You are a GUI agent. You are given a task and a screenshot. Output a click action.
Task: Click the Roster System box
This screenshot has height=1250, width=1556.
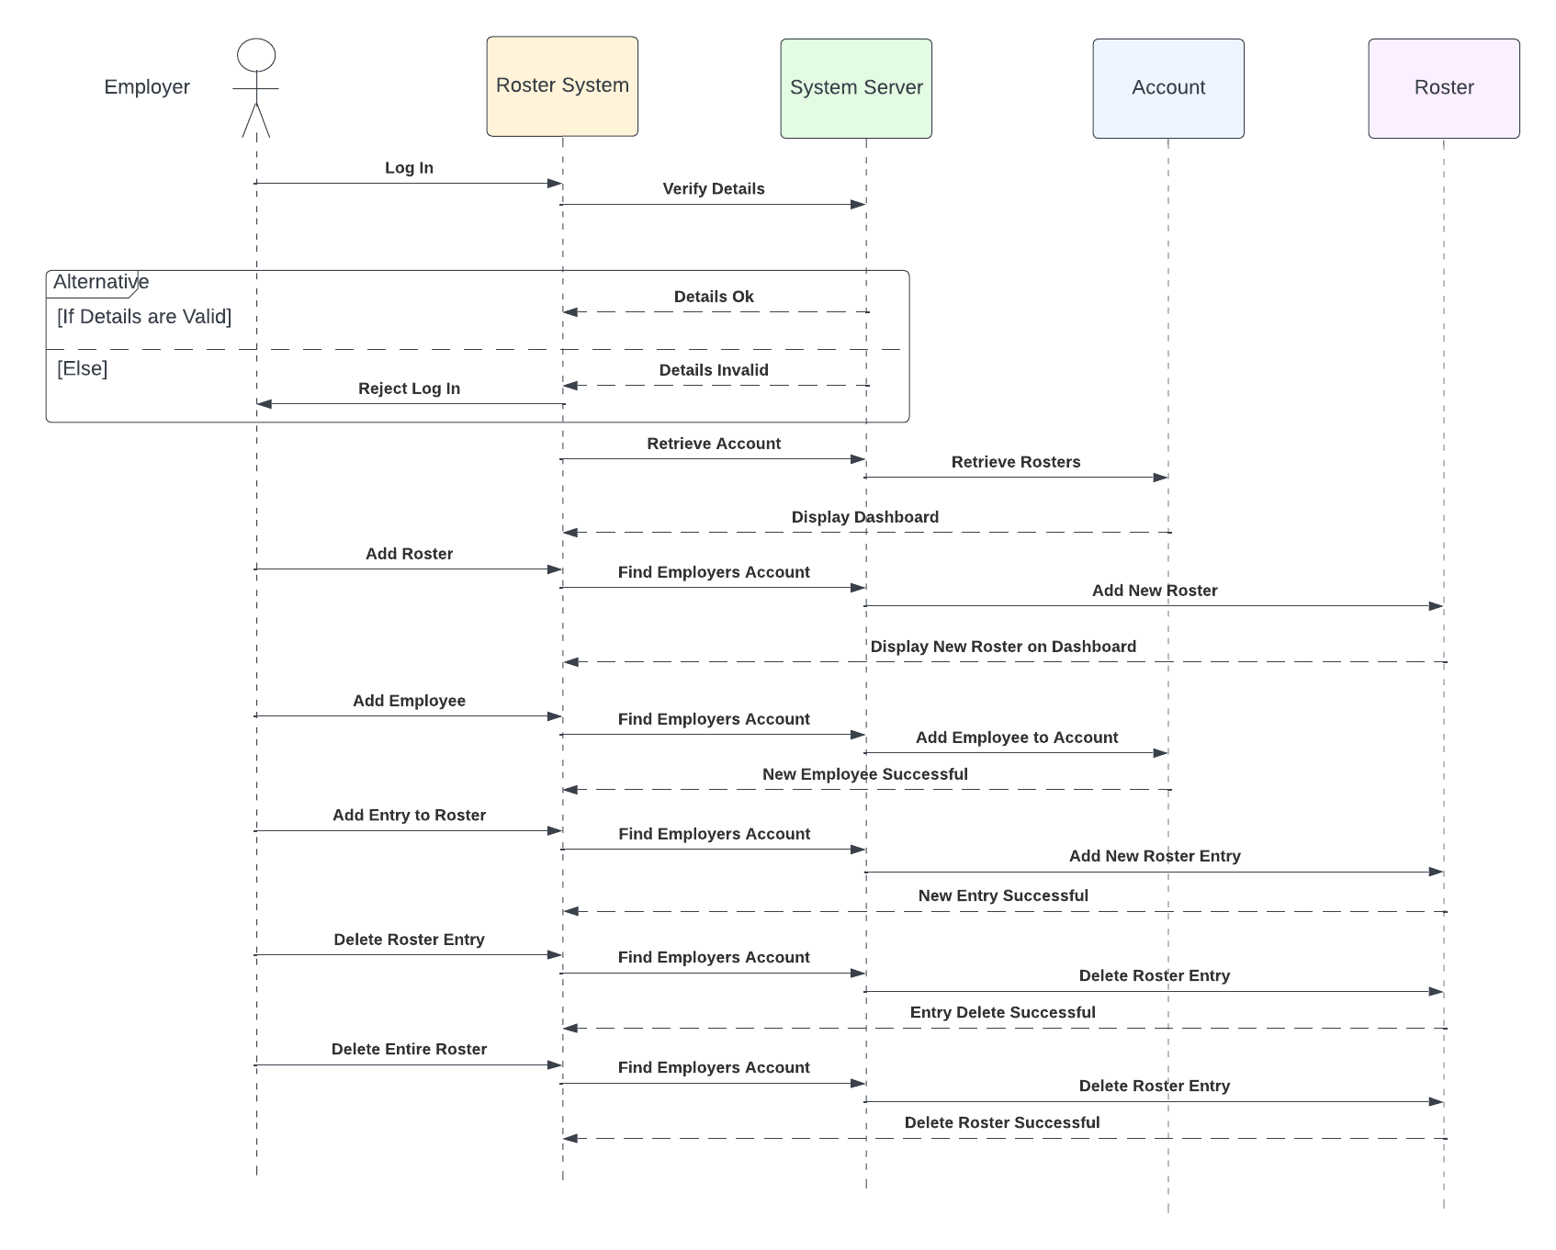click(562, 86)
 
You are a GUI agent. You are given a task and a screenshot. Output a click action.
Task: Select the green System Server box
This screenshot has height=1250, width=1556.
click(856, 88)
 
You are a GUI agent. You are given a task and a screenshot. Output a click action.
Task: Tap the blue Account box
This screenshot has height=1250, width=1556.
click(1168, 88)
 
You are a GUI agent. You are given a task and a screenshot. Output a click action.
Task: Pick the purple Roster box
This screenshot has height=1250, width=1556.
click(1444, 88)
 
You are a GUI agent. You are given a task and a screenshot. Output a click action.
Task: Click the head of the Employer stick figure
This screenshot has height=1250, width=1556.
click(256, 55)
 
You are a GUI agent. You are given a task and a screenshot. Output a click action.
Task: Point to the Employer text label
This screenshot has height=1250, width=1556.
click(147, 87)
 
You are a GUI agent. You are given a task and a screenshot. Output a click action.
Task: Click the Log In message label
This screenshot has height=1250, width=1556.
click(409, 168)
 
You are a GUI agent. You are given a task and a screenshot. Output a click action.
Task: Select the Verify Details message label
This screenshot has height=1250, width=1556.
click(714, 189)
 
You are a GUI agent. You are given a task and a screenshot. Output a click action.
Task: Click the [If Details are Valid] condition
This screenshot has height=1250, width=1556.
click(144, 317)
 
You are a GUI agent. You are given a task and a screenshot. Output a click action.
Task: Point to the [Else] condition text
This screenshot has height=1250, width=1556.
click(83, 368)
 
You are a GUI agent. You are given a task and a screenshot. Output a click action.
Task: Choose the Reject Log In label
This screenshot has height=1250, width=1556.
click(409, 389)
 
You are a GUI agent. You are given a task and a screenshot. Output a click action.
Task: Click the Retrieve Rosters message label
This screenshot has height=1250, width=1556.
click(1016, 462)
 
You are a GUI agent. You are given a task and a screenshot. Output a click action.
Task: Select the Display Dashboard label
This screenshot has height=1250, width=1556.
click(865, 517)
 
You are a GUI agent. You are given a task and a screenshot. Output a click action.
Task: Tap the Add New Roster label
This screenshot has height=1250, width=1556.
click(1155, 591)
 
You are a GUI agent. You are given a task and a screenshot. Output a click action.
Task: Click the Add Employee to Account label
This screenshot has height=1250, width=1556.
click(1017, 738)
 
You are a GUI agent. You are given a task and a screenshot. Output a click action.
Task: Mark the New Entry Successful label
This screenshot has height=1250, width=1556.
click(1003, 895)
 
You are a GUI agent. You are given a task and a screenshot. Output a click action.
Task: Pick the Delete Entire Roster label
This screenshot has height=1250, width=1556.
click(409, 1049)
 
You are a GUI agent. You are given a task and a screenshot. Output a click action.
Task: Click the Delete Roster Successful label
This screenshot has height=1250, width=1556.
click(1002, 1122)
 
